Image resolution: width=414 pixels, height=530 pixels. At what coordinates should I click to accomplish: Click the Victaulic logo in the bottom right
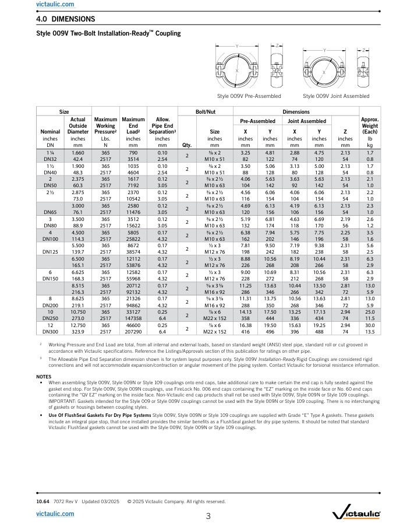coord(356,514)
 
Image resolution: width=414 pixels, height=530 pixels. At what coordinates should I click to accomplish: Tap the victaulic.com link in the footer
coord(55,514)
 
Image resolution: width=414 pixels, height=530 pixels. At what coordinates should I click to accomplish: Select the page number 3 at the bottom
coord(208,515)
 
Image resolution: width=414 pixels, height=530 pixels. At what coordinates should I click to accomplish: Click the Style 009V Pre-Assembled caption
coord(249,96)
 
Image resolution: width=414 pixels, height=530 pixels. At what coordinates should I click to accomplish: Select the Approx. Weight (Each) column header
coord(370,125)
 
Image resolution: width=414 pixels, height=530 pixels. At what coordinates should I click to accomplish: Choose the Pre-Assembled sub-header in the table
coord(257,121)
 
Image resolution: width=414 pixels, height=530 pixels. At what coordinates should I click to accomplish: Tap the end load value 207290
coord(133,331)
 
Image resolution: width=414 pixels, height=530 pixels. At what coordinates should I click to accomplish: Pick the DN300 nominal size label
coord(50,331)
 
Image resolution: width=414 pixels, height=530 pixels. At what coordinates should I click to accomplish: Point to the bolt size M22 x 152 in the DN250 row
coord(215,318)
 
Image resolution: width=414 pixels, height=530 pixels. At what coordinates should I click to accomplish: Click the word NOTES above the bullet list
coord(44,376)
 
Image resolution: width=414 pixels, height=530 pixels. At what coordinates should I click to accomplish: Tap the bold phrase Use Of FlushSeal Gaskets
coord(81,415)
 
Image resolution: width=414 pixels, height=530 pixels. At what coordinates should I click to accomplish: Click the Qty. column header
coord(187,145)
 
